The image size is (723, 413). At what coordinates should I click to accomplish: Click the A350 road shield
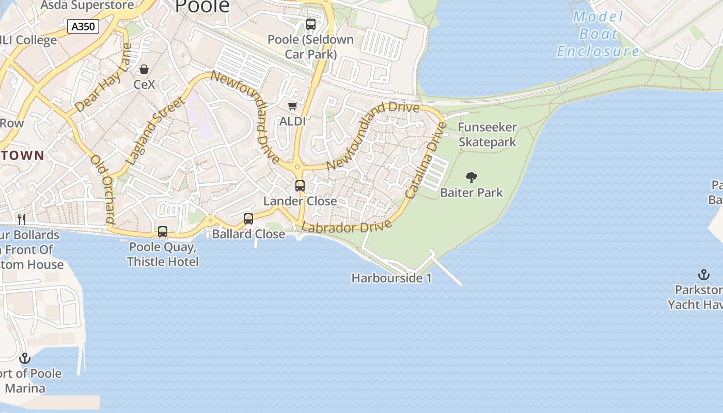pyautogui.click(x=83, y=26)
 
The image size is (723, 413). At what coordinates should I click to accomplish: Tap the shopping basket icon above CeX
pyautogui.click(x=144, y=69)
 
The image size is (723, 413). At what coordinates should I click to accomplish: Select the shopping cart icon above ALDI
pyautogui.click(x=292, y=106)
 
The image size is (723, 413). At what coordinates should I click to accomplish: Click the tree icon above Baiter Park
pyautogui.click(x=471, y=178)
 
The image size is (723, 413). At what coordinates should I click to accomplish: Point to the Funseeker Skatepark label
pyautogui.click(x=487, y=134)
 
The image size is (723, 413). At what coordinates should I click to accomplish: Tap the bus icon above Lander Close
pyautogui.click(x=300, y=186)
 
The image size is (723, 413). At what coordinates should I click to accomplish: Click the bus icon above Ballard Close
pyautogui.click(x=248, y=219)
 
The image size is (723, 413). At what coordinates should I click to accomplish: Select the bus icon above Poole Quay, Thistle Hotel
pyautogui.click(x=163, y=232)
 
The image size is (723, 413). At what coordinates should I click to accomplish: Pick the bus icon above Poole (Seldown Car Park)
pyautogui.click(x=311, y=24)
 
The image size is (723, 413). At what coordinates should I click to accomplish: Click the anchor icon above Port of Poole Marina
pyautogui.click(x=25, y=358)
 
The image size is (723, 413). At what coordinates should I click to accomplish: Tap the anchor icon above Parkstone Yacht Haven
pyautogui.click(x=703, y=275)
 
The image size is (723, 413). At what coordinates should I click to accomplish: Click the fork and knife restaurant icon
pyautogui.click(x=22, y=219)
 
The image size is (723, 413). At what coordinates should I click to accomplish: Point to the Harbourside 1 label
pyautogui.click(x=391, y=278)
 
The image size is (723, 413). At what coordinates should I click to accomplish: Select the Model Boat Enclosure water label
pyautogui.click(x=598, y=34)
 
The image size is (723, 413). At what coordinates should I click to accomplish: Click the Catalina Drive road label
pyautogui.click(x=426, y=161)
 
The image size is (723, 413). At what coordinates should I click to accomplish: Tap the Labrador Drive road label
pyautogui.click(x=347, y=227)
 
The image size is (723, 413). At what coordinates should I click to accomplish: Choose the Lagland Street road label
pyautogui.click(x=155, y=131)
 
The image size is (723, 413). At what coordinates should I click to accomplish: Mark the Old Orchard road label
pyautogui.click(x=102, y=189)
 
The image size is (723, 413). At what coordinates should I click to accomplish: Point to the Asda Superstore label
pyautogui.click(x=87, y=5)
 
